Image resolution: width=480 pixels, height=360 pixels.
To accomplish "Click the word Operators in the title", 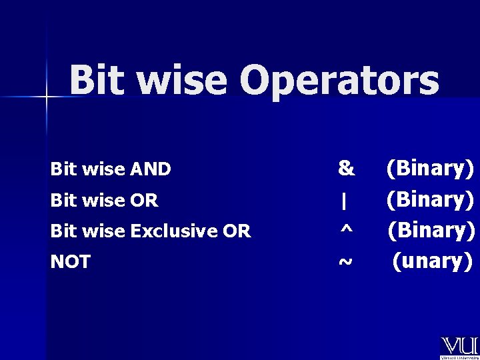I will [x=339, y=81].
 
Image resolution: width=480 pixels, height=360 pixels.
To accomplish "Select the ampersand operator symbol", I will [x=346, y=168].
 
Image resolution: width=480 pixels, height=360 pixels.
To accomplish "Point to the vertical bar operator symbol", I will [x=344, y=200].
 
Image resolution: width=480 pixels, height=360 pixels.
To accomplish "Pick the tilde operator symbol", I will [x=345, y=262].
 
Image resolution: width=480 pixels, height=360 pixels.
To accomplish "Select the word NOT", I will [x=70, y=262].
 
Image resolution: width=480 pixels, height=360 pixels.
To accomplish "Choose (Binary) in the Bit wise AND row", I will [x=431, y=168].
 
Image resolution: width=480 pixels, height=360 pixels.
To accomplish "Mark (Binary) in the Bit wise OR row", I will [x=431, y=199].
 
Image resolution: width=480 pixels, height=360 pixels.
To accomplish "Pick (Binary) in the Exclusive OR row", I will [x=432, y=230].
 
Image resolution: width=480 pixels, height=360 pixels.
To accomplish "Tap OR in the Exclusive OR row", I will [x=237, y=231].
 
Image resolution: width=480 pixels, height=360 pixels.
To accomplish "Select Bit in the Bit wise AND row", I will [x=63, y=170].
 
